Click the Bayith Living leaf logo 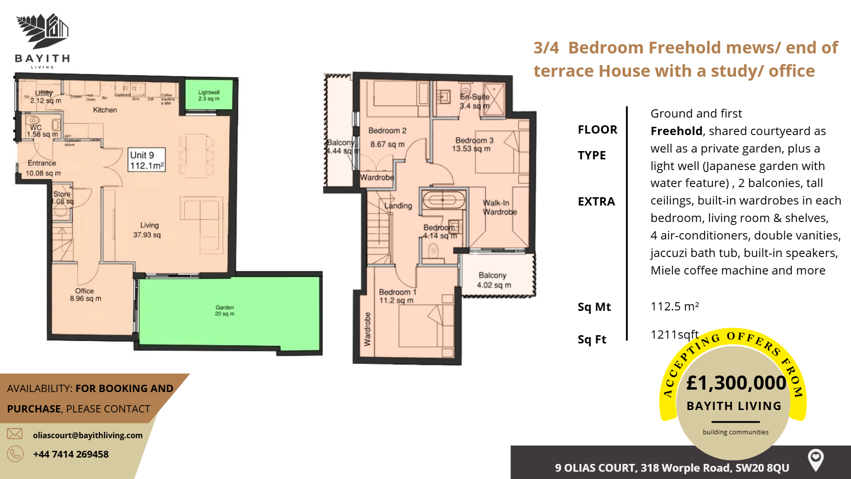(x=43, y=31)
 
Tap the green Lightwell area (x=209, y=95)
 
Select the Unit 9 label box (x=147, y=160)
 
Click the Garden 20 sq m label (x=225, y=310)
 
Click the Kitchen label (x=105, y=110)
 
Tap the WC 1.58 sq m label (x=42, y=131)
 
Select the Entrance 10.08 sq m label (x=43, y=168)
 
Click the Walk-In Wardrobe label (x=499, y=207)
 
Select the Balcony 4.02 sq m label (x=493, y=280)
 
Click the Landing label (x=398, y=205)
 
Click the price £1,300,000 (x=736, y=383)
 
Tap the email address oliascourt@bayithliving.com (x=88, y=435)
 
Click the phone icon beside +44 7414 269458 (x=15, y=454)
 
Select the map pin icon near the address (x=816, y=459)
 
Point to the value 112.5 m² (x=674, y=307)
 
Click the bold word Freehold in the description (x=676, y=131)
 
